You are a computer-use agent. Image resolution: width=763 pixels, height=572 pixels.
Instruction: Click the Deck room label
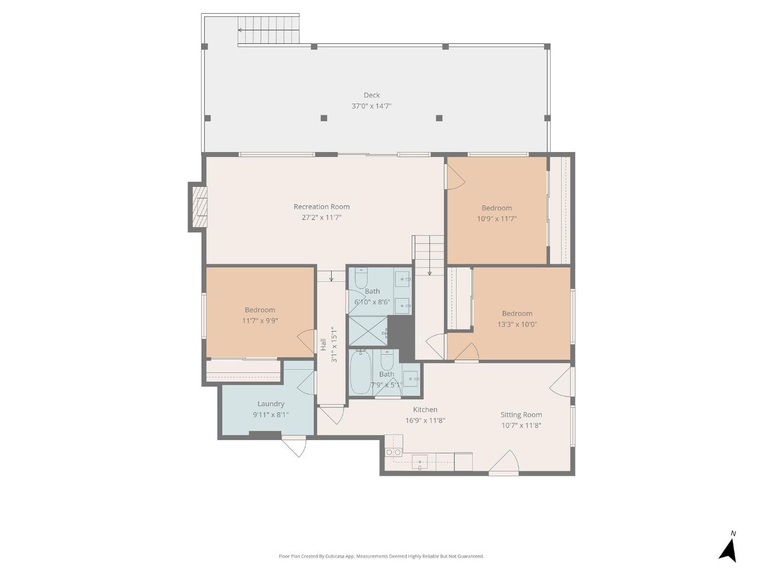pyautogui.click(x=371, y=95)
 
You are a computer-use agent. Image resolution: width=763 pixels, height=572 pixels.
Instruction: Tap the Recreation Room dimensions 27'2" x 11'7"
pyautogui.click(x=321, y=217)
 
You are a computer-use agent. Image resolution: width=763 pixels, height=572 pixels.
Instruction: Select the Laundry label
pyautogui.click(x=271, y=404)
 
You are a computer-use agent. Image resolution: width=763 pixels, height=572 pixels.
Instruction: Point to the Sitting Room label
pyautogui.click(x=521, y=414)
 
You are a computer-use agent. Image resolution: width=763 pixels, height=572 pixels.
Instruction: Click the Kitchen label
pyautogui.click(x=425, y=409)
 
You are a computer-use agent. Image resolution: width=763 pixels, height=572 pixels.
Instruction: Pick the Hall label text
pyautogui.click(x=323, y=344)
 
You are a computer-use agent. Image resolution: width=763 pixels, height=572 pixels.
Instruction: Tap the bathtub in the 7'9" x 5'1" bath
pyautogui.click(x=359, y=372)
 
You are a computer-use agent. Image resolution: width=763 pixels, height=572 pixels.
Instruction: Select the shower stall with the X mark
pyautogui.click(x=368, y=330)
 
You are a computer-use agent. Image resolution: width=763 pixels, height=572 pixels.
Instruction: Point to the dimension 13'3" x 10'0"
pyautogui.click(x=517, y=324)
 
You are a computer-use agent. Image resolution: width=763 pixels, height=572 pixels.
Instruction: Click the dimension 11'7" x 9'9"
pyautogui.click(x=260, y=320)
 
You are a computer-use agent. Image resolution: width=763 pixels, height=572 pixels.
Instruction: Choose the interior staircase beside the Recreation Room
pyautogui.click(x=428, y=256)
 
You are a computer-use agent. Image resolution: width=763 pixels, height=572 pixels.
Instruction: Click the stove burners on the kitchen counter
pyautogui.click(x=394, y=452)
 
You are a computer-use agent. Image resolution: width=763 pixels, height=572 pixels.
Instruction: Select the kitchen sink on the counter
pyautogui.click(x=420, y=462)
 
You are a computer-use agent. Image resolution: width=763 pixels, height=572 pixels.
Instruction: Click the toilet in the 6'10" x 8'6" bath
pyautogui.click(x=361, y=279)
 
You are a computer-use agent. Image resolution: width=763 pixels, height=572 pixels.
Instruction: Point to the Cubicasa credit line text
pyautogui.click(x=381, y=556)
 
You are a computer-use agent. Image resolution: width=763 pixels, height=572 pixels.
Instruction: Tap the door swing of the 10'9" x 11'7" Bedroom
pyautogui.click(x=456, y=177)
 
